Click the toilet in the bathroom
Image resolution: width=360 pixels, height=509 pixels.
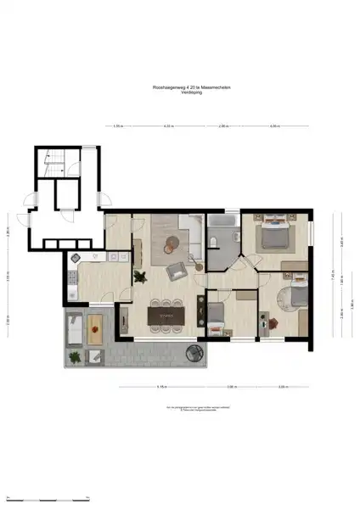click(x=214, y=244)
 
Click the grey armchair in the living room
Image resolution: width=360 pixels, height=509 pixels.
click(x=177, y=271)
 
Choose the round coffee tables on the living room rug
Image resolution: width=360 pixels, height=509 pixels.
click(x=171, y=243)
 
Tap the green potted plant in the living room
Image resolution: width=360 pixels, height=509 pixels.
click(x=140, y=275)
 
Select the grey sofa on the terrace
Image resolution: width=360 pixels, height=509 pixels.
click(x=74, y=327)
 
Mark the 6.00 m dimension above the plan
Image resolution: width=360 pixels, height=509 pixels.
click(x=274, y=126)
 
